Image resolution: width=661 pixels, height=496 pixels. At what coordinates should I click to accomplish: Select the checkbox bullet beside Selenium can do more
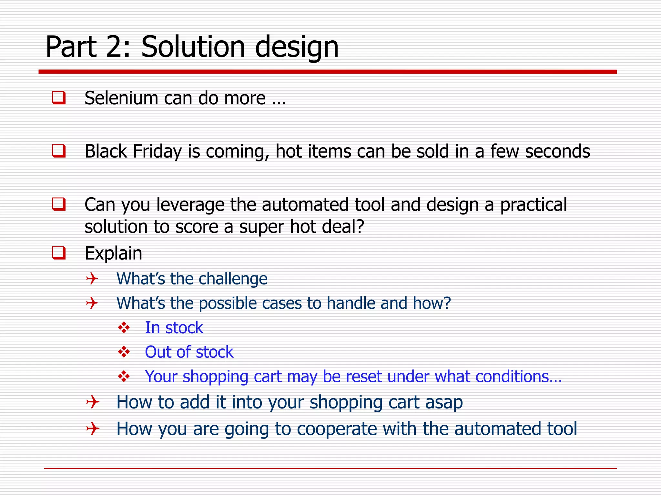[59, 98]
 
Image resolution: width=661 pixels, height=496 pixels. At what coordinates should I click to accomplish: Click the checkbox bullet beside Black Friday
[59, 151]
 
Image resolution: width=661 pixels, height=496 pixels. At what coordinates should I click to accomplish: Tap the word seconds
[557, 151]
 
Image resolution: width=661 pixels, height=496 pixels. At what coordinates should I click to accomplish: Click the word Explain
[113, 253]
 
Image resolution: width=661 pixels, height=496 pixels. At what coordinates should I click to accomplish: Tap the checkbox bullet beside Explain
[59, 253]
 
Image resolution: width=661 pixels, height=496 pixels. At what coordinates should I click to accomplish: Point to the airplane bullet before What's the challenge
[92, 278]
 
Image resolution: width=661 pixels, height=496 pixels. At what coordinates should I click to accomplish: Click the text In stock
[174, 328]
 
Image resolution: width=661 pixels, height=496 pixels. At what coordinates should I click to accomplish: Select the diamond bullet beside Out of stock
[124, 352]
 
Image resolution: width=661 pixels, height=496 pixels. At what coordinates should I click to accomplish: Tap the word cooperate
[337, 429]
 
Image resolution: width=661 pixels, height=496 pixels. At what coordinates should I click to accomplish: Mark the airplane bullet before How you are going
[92, 429]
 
